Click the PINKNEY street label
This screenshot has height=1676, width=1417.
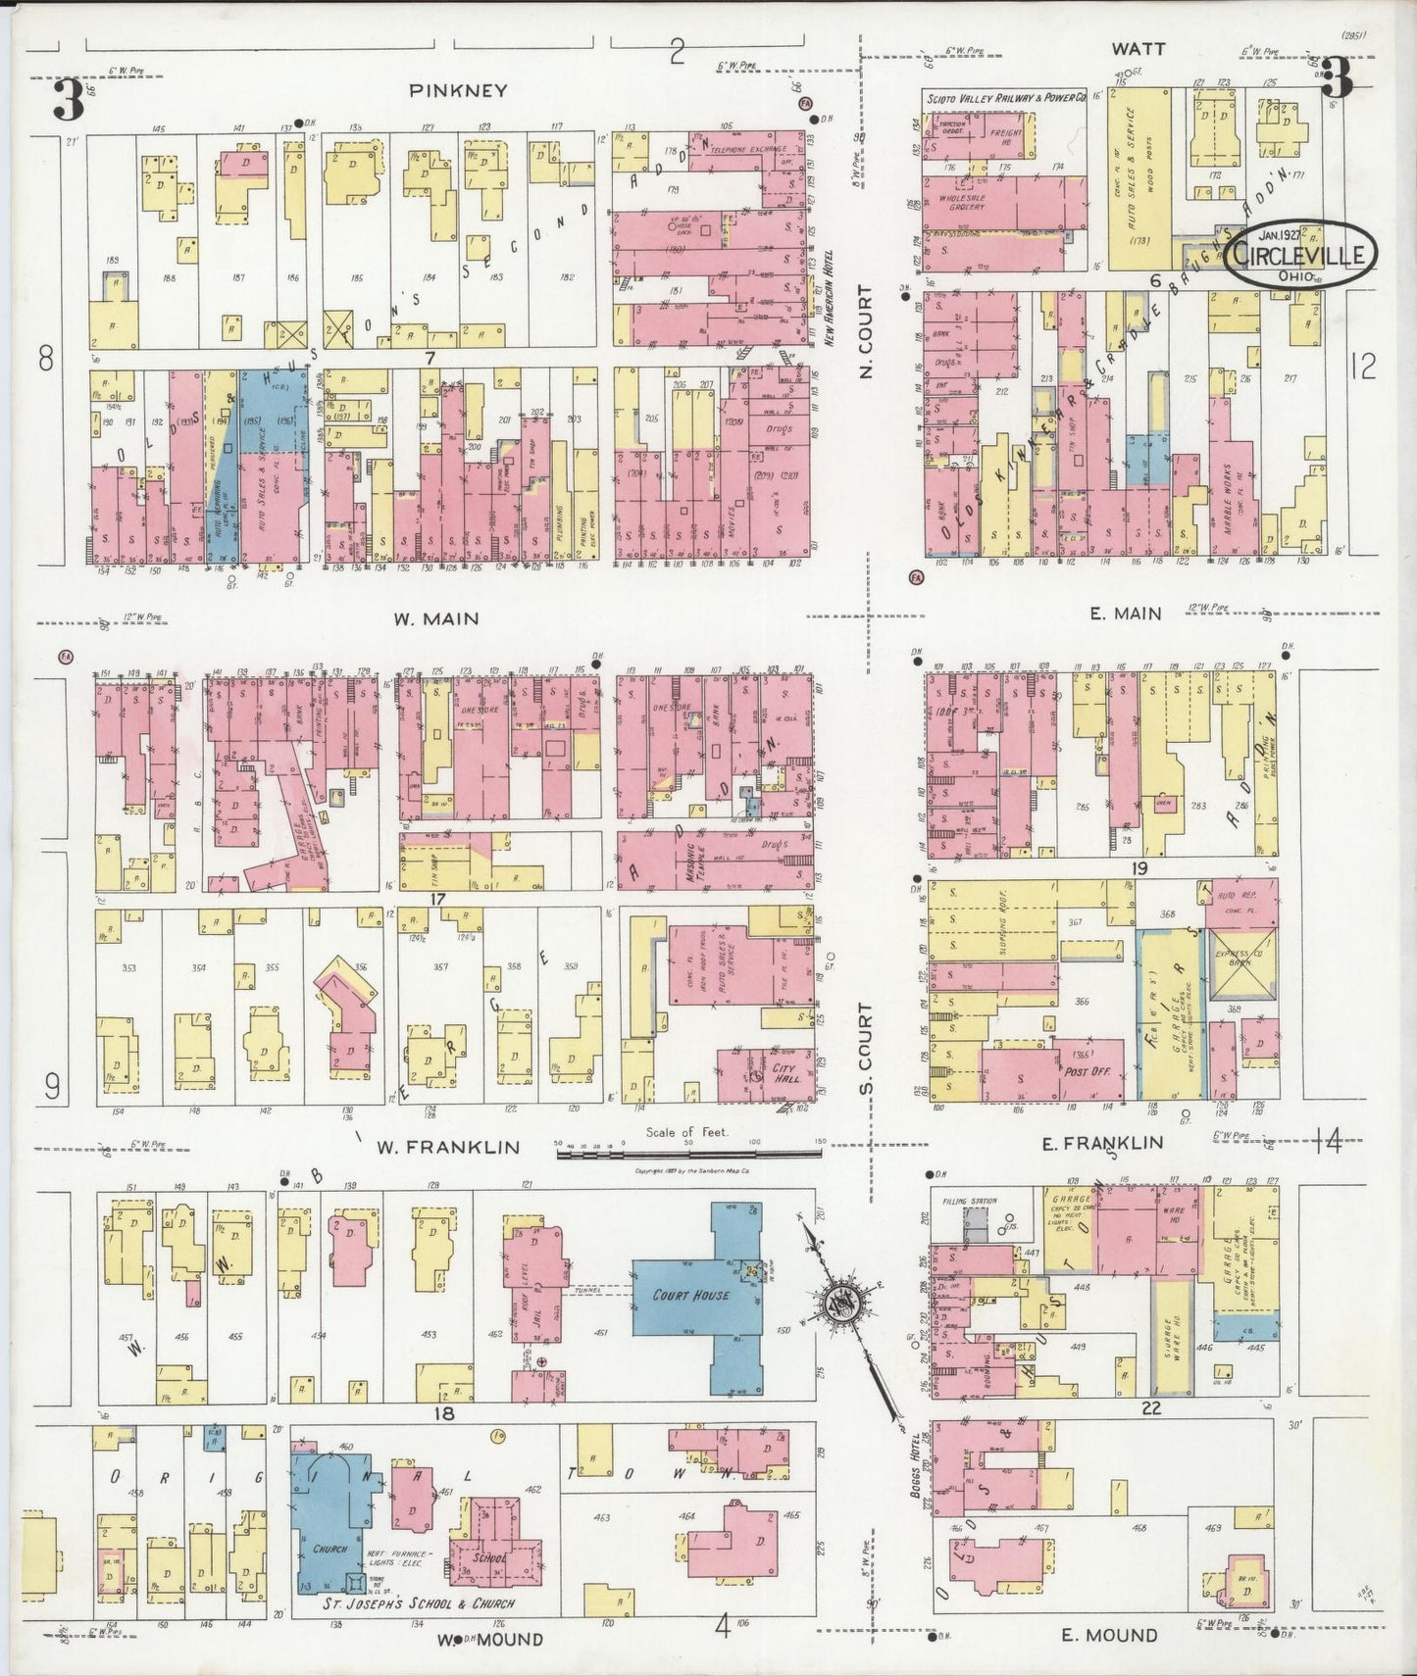(x=458, y=91)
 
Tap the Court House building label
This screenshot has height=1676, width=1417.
(x=691, y=1295)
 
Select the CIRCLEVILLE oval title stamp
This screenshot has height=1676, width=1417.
(x=1299, y=255)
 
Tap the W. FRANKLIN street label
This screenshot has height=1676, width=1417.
(x=456, y=1147)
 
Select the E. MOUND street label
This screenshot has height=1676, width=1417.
(x=1110, y=1634)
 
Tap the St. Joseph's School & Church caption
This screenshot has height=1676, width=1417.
(x=419, y=1603)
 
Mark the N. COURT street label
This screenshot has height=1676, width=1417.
(x=865, y=329)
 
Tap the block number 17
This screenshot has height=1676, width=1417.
(x=437, y=898)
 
